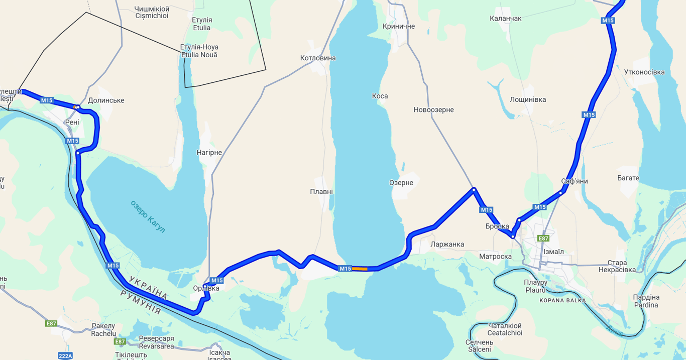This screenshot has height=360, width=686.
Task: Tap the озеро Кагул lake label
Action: coord(148,216)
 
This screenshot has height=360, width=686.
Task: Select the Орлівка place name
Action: coord(206,288)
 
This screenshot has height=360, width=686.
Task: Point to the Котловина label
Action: coord(318,58)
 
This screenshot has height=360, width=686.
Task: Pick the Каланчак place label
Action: coord(506,19)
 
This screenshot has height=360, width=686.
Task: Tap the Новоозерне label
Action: coord(433,110)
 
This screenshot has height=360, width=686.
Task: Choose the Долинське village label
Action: coord(106,100)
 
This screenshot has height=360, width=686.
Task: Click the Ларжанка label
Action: coord(447,245)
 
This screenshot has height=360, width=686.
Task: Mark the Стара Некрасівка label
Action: coord(617,266)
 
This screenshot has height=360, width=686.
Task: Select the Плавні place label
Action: coord(321,192)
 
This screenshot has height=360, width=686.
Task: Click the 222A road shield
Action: coord(65,356)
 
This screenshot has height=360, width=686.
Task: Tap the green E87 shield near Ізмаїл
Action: coord(543,238)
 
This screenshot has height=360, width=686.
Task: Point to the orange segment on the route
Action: coord(360,269)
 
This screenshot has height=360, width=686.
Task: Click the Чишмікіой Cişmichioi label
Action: coord(152,13)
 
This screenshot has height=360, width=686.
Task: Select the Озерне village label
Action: coord(401,183)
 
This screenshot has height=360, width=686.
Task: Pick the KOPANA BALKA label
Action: coord(562,301)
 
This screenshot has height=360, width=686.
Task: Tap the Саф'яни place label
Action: coord(575,181)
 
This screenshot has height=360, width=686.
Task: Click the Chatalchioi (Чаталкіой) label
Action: coord(505,329)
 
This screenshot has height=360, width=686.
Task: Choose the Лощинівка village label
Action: coord(528,100)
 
